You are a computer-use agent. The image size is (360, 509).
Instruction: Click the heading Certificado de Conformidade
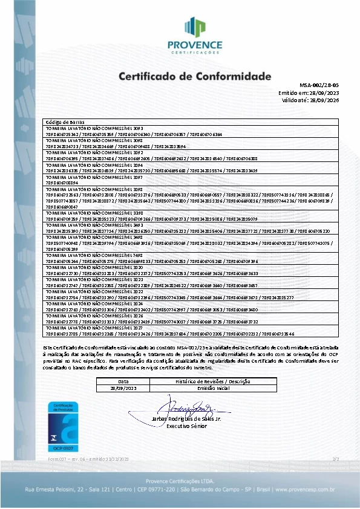[195, 77]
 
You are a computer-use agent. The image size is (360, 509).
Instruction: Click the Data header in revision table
[123, 382]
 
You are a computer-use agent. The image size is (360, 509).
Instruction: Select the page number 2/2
[335, 460]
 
